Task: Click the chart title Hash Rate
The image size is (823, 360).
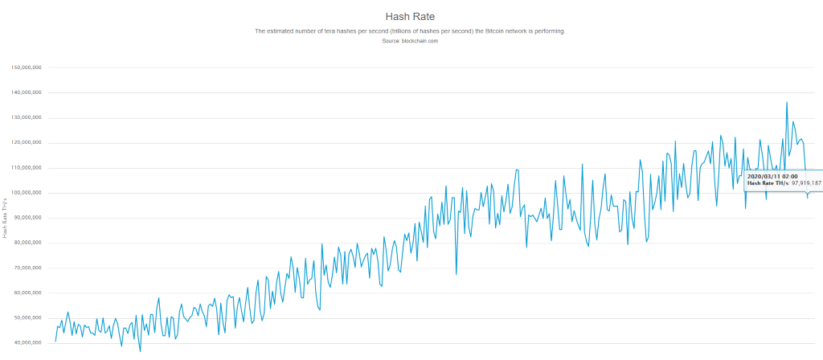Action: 411,16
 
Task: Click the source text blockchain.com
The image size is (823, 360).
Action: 420,40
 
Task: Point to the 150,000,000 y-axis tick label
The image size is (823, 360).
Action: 27,67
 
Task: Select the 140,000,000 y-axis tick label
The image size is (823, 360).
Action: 27,92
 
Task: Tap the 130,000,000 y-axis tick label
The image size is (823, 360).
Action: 27,117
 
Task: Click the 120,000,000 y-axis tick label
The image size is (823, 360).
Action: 27,143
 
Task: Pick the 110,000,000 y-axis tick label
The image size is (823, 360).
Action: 27,168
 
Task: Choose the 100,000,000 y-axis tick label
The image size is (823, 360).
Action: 27,193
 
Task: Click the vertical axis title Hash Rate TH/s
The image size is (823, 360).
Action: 6,216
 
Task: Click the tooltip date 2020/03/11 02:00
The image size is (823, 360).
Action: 772,175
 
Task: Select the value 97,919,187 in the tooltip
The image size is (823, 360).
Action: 806,183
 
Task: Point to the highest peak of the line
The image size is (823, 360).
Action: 787,103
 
